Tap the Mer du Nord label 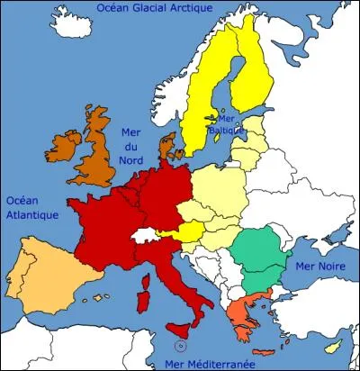132,147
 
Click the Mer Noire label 313,267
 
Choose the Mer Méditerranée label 209,363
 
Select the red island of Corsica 145,276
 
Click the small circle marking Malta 181,346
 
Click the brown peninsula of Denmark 165,149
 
